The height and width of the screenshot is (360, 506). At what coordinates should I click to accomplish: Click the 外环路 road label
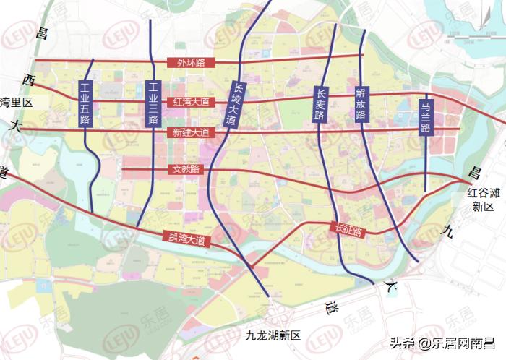click(x=191, y=63)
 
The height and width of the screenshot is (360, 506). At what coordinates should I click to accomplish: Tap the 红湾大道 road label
click(x=191, y=103)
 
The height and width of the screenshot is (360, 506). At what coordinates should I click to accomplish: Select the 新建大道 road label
click(x=191, y=132)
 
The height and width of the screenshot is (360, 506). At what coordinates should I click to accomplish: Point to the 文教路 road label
click(x=186, y=169)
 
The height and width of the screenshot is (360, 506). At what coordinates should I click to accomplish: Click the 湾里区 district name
click(x=16, y=103)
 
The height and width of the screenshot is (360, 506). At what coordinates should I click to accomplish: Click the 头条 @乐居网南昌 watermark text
click(x=438, y=342)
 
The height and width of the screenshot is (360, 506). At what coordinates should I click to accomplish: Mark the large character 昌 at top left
click(x=41, y=32)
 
